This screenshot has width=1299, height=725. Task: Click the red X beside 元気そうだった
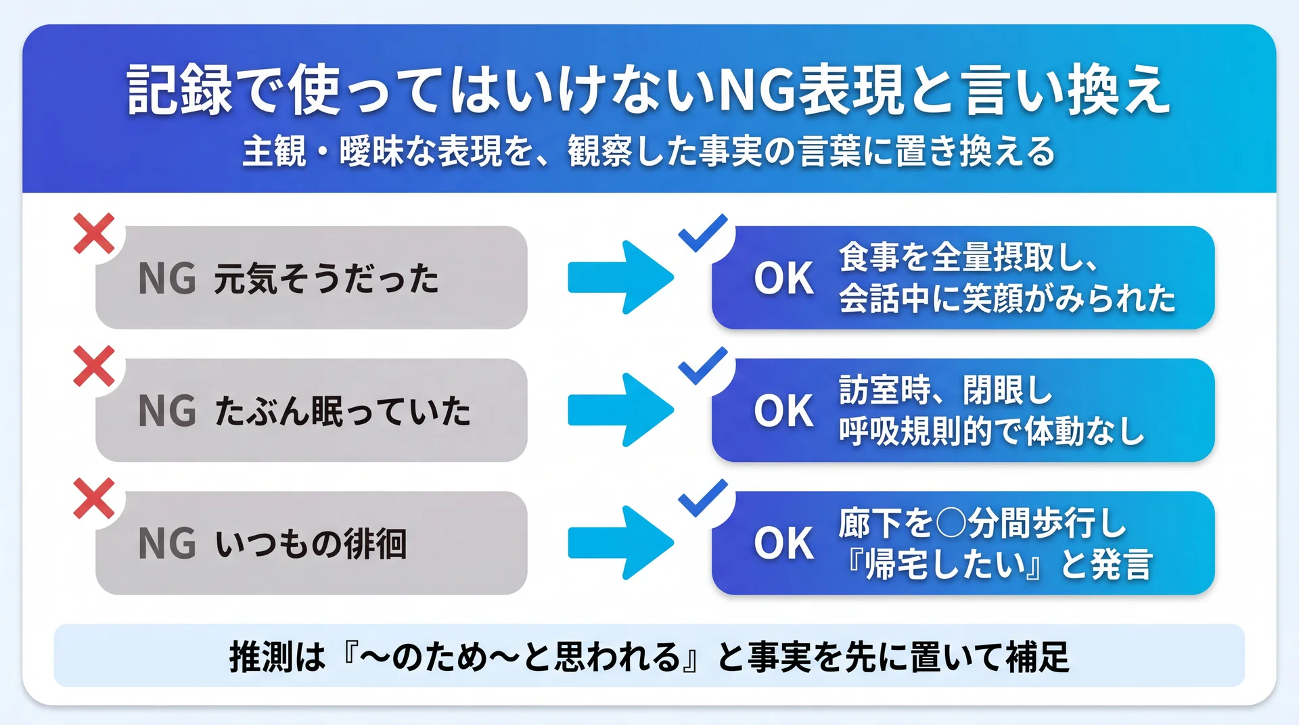tap(94, 234)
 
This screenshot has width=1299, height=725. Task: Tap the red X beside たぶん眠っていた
tap(94, 367)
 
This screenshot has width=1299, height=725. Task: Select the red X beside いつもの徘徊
tap(94, 499)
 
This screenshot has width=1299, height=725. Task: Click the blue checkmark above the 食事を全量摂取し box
tap(703, 233)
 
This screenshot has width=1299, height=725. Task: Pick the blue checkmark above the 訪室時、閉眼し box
tap(703, 366)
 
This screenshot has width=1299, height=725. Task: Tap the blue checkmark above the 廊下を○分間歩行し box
tap(703, 498)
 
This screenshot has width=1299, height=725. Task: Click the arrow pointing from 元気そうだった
tap(620, 277)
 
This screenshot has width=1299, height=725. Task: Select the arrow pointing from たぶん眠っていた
tap(620, 410)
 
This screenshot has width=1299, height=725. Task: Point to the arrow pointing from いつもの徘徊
tap(620, 542)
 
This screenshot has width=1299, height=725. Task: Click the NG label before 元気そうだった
tap(167, 279)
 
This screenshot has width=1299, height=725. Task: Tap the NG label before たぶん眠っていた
tap(167, 411)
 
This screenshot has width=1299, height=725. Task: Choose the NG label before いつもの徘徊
tap(167, 544)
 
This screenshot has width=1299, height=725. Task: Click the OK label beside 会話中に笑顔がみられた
tap(784, 279)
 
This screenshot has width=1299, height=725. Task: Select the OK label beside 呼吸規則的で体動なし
tap(784, 411)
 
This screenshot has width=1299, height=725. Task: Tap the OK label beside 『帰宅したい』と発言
tap(784, 544)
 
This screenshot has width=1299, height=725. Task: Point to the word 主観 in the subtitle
tap(274, 151)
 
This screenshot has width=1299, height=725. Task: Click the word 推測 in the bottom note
tap(261, 657)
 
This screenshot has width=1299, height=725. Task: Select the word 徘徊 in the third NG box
tap(375, 544)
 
